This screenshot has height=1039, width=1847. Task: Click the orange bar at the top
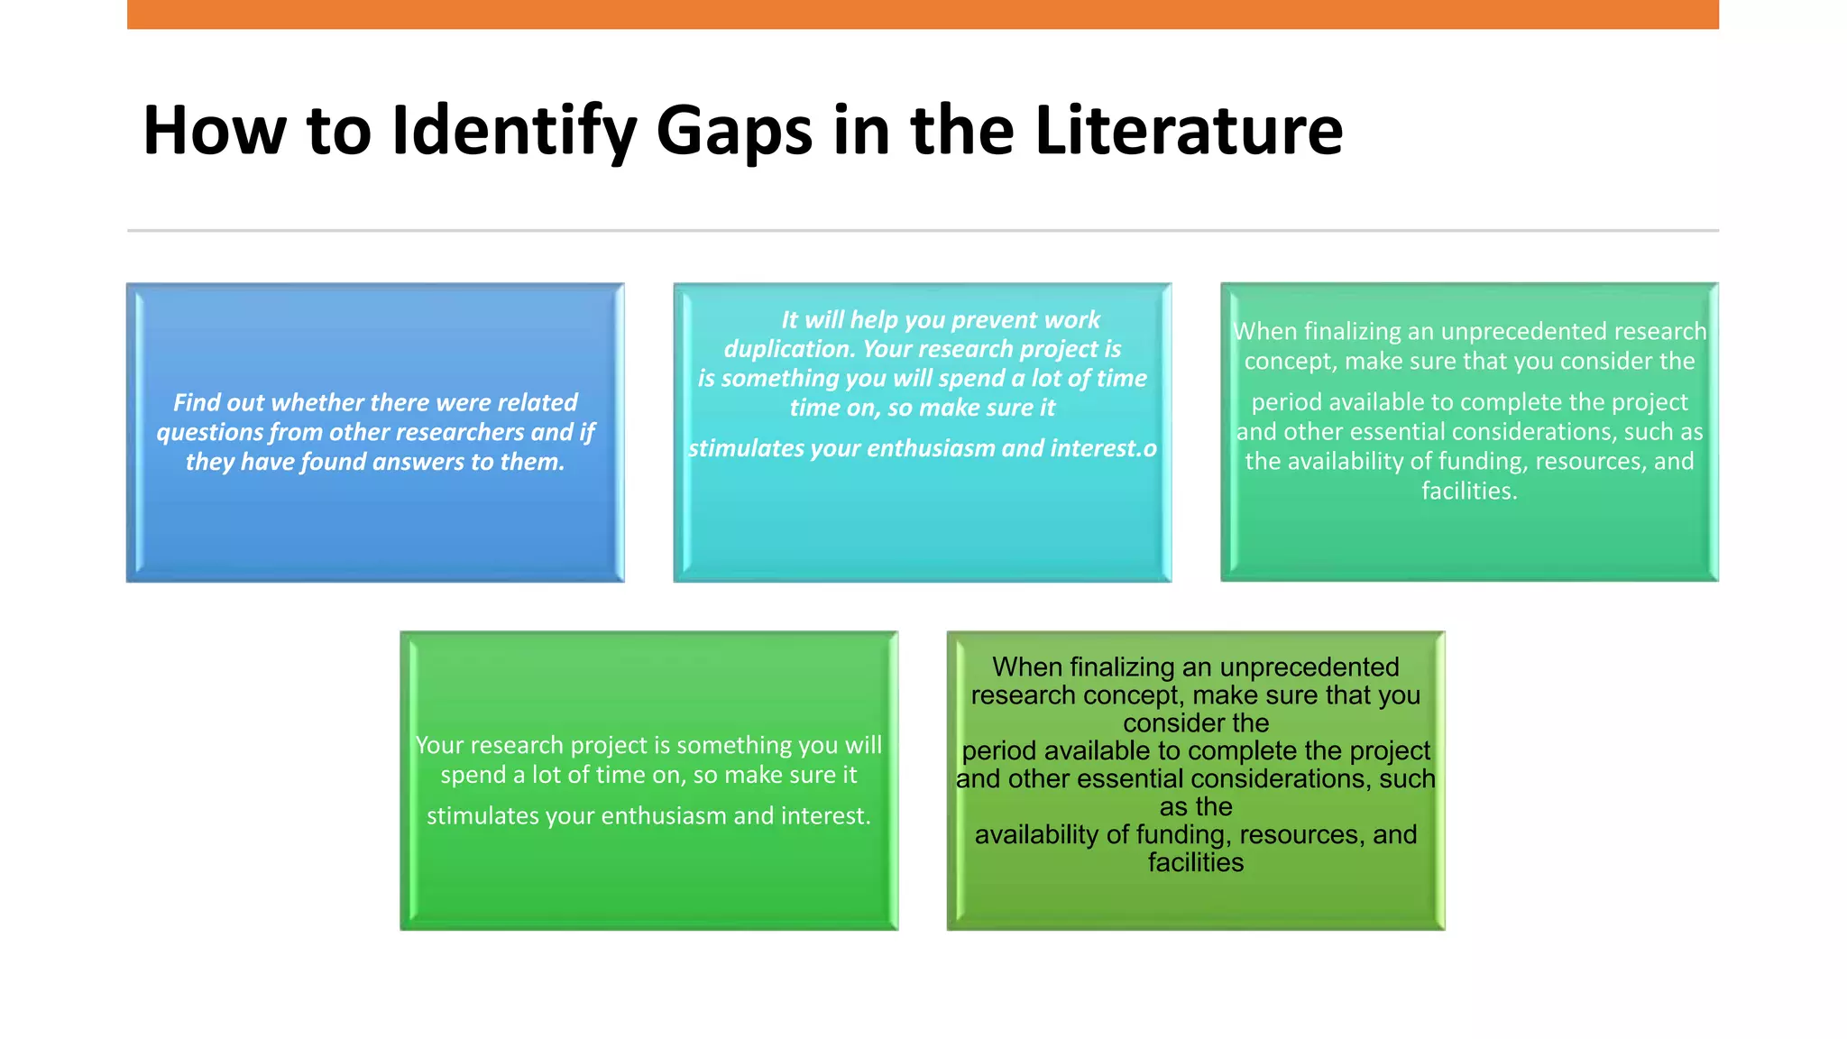pyautogui.click(x=923, y=14)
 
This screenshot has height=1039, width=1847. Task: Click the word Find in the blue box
pyautogui.click(x=196, y=402)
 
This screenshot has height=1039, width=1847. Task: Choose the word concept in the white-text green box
pyautogui.click(x=1291, y=362)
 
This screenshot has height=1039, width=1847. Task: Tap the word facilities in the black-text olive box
pyautogui.click(x=1195, y=863)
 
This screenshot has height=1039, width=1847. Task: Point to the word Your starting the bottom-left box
pyautogui.click(x=439, y=746)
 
